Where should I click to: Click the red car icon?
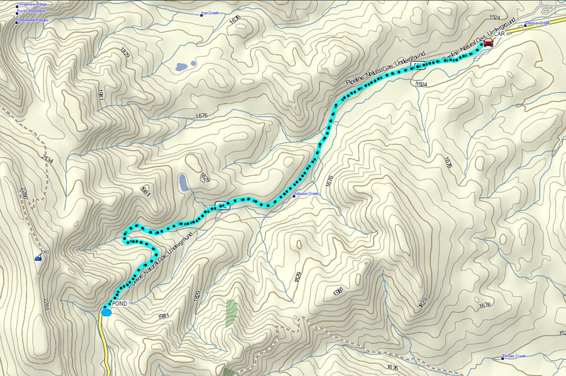pos(488,42)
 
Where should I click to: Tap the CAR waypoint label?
pos(499,43)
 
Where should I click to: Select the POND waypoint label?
pos(119,304)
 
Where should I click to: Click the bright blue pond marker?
pos(106,312)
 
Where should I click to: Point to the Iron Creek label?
pos(209,13)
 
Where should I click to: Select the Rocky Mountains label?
pos(31,11)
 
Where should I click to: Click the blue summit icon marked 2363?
pos(38,257)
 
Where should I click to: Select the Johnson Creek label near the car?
pos(537,24)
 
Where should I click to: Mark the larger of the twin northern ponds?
pos(181,67)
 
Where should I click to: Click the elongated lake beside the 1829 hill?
pos(183,183)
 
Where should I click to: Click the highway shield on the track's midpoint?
pos(221,204)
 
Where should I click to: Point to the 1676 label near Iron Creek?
pos(235,19)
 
